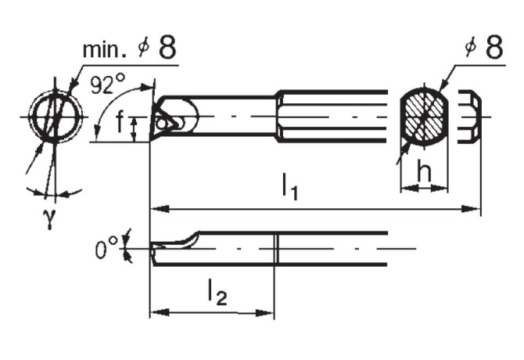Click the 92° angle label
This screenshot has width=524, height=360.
(x=107, y=85)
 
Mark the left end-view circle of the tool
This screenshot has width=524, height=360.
(x=53, y=118)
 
